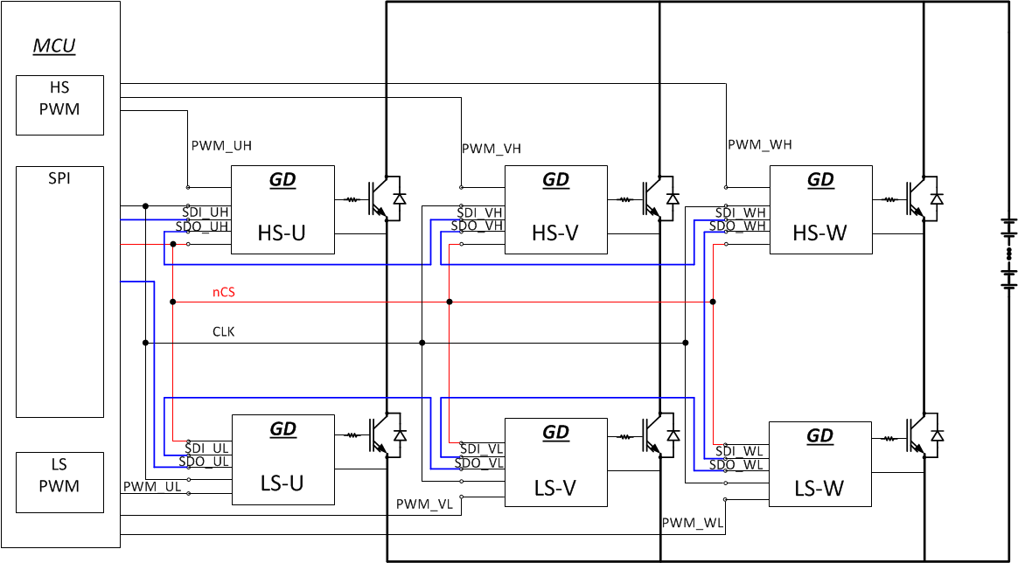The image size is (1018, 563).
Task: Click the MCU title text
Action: pyautogui.click(x=54, y=46)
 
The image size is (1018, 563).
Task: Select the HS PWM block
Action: pyautogui.click(x=59, y=105)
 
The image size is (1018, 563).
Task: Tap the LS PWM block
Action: pyautogui.click(x=59, y=482)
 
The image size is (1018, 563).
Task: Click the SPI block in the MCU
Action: pyautogui.click(x=59, y=291)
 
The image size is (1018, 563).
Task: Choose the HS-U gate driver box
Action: pyautogui.click(x=282, y=210)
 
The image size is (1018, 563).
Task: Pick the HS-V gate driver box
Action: pyautogui.click(x=556, y=210)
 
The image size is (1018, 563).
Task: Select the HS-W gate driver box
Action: pyautogui.click(x=820, y=210)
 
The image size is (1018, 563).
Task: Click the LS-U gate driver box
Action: pyautogui.click(x=282, y=460)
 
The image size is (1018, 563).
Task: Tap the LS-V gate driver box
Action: pyautogui.click(x=556, y=462)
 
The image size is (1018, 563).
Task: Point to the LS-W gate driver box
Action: pyautogui.click(x=820, y=464)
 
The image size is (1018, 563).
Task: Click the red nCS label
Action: pyautogui.click(x=224, y=293)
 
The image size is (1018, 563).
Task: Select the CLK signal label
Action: pyautogui.click(x=224, y=332)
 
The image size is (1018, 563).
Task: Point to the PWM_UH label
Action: pyautogui.click(x=220, y=146)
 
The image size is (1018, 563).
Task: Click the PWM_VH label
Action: pyautogui.click(x=492, y=149)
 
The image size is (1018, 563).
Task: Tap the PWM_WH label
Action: pyautogui.click(x=759, y=144)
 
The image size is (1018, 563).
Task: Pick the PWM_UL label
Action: pyautogui.click(x=152, y=487)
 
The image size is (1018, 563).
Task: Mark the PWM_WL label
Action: pyautogui.click(x=692, y=524)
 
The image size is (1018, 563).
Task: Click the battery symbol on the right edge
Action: pyautogui.click(x=1009, y=254)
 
